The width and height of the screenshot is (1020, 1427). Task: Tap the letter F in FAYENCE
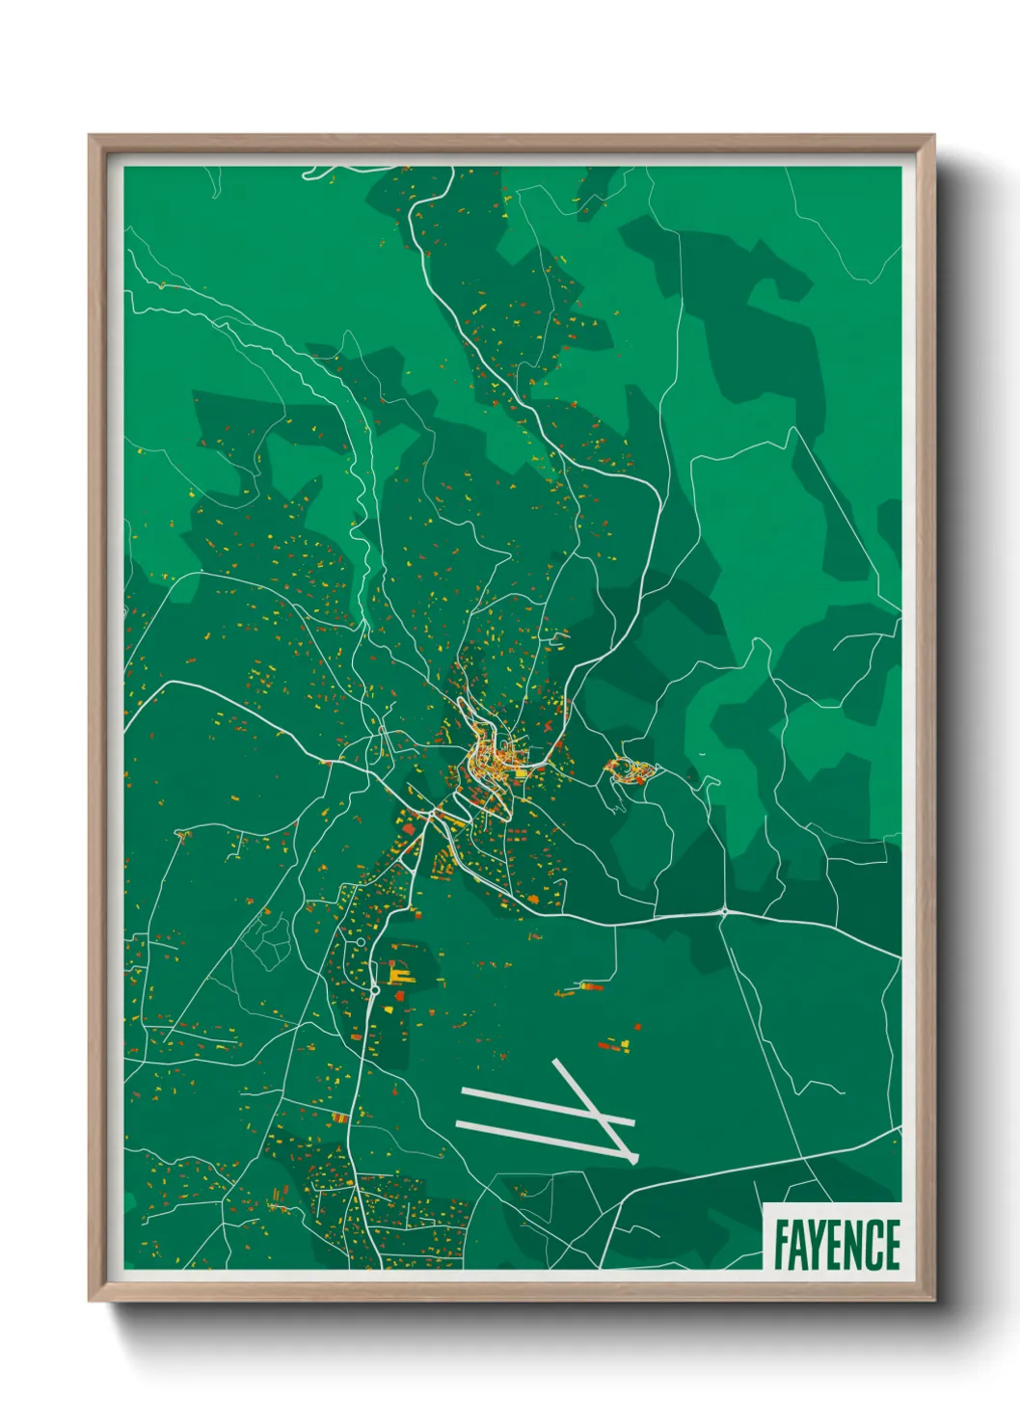pyautogui.click(x=781, y=1245)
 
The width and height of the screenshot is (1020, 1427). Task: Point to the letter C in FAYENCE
pyautogui.click(x=873, y=1245)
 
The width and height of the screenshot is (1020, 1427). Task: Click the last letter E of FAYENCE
pyautogui.click(x=892, y=1245)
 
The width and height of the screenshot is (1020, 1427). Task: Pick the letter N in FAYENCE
pyautogui.click(x=855, y=1245)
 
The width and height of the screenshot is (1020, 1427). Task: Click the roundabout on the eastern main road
pyautogui.click(x=724, y=910)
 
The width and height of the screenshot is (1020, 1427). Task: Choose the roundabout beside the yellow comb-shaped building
pyautogui.click(x=374, y=989)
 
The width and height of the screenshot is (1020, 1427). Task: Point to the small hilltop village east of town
pyautogui.click(x=630, y=770)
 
